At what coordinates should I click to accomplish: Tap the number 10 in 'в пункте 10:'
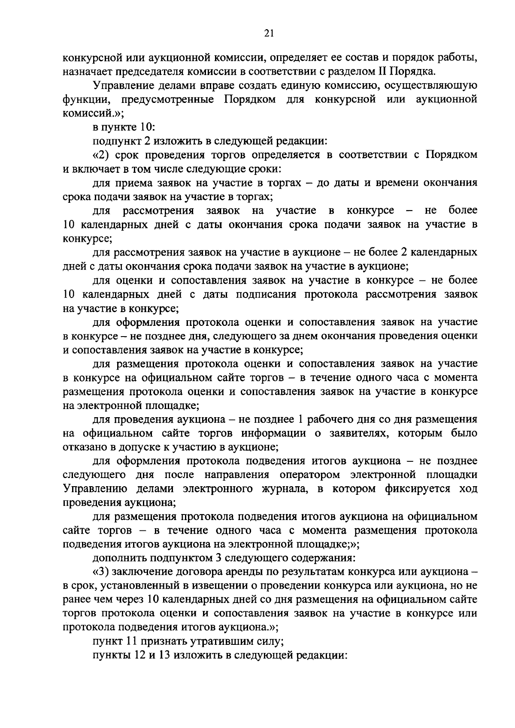145,127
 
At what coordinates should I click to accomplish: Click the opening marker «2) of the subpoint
101,155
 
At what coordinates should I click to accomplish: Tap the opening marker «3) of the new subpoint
101,573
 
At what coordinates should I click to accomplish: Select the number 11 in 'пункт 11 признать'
131,642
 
